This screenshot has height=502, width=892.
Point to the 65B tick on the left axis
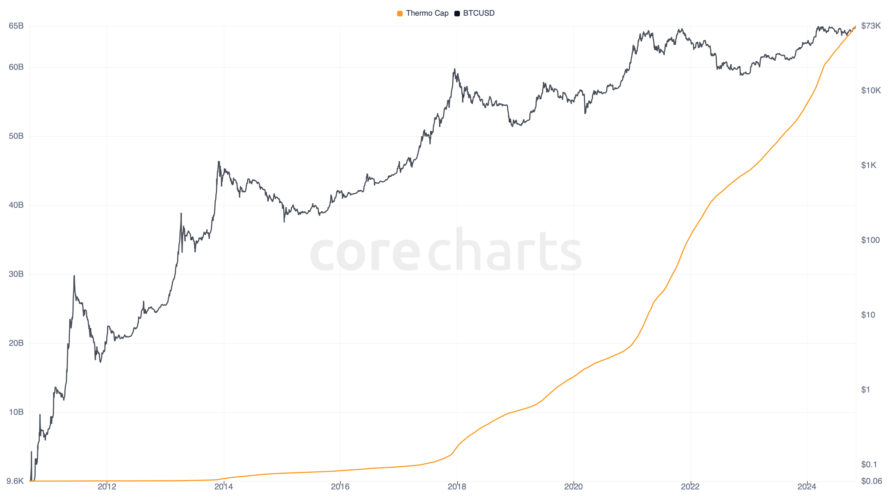16,26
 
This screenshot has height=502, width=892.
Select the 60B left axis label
16,67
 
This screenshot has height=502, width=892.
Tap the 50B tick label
16,136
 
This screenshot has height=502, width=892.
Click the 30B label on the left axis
16,274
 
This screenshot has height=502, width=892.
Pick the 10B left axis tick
16,412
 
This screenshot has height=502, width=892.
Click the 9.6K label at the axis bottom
15,481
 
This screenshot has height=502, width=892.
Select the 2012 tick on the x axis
107,487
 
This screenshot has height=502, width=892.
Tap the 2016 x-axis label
340,487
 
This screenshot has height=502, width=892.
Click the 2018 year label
457,487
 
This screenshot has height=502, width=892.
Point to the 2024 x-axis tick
807,487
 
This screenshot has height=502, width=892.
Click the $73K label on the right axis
871,26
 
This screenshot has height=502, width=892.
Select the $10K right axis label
871,91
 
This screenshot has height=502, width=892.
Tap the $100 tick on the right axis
870,240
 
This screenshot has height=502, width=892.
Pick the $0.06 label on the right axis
871,481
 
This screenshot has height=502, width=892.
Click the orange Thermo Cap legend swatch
400,14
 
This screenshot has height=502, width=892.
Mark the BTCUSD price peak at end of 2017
454,69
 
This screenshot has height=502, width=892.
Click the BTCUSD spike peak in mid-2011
74,276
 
